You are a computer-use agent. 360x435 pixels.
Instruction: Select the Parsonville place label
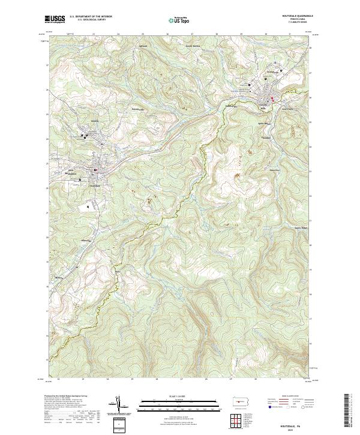pyautogui.click(x=139, y=109)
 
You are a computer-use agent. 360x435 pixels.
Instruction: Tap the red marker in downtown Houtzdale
pyautogui.click(x=95, y=172)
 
